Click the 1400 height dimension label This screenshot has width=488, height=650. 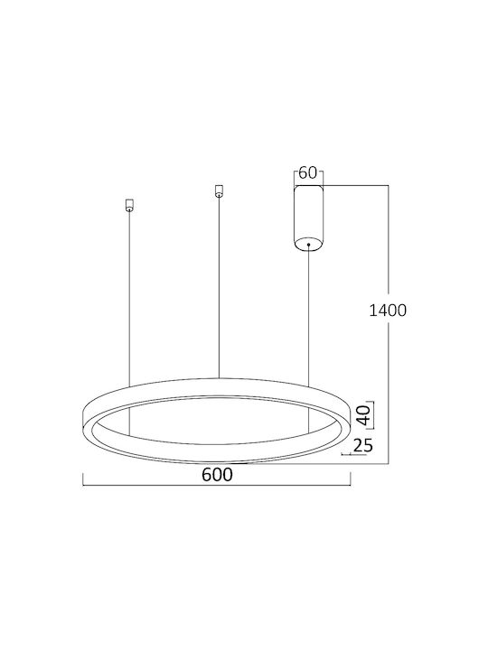tap(388, 310)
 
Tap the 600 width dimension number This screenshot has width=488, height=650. tap(217, 475)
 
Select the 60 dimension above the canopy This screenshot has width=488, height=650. tap(308, 172)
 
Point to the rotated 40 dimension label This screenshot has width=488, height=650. tap(364, 415)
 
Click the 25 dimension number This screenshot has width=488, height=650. tap(362, 445)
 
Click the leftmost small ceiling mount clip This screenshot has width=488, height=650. tap(129, 206)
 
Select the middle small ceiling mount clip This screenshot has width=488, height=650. tap(219, 191)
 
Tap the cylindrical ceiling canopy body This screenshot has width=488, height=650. tap(308, 218)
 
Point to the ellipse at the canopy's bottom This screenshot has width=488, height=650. tap(308, 244)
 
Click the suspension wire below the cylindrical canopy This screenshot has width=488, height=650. tap(309, 316)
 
